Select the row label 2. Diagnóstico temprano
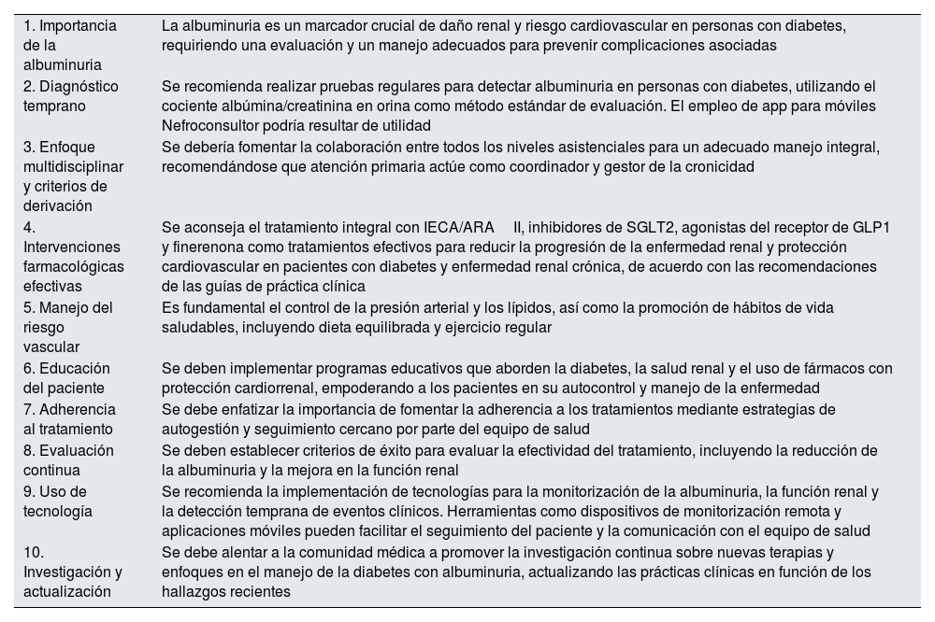point(70,95)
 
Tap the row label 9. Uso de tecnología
point(58,501)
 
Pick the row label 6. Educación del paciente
point(66,378)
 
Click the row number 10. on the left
point(36,551)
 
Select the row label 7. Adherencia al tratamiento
point(69,419)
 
